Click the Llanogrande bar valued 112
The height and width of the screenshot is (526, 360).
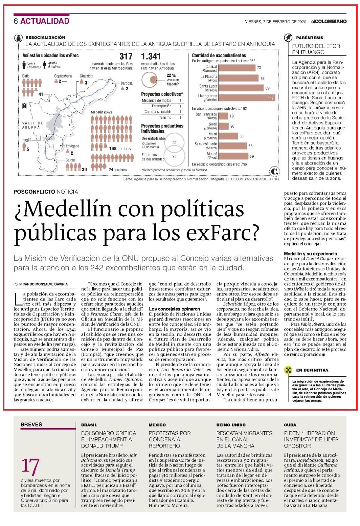(247, 98)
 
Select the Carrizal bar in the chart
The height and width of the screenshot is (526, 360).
(237, 68)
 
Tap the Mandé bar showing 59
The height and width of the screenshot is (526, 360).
(233, 156)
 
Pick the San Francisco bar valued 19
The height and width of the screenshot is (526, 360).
(223, 116)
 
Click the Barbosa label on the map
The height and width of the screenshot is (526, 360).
(127, 83)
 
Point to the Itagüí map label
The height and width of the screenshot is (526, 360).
(26, 140)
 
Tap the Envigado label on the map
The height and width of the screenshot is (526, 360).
(72, 146)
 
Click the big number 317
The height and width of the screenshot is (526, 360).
(126, 56)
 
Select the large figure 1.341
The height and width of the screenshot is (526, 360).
(151, 56)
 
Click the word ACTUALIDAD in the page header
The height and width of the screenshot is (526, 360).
(45, 21)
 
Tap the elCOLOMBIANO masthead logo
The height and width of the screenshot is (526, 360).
(329, 22)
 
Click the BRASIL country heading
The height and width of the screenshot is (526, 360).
(89, 425)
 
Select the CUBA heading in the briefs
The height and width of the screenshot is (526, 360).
(290, 425)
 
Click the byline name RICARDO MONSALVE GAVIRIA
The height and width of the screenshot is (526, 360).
(43, 284)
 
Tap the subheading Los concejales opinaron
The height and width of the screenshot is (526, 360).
(174, 309)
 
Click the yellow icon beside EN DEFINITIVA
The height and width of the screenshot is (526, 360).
(288, 370)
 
